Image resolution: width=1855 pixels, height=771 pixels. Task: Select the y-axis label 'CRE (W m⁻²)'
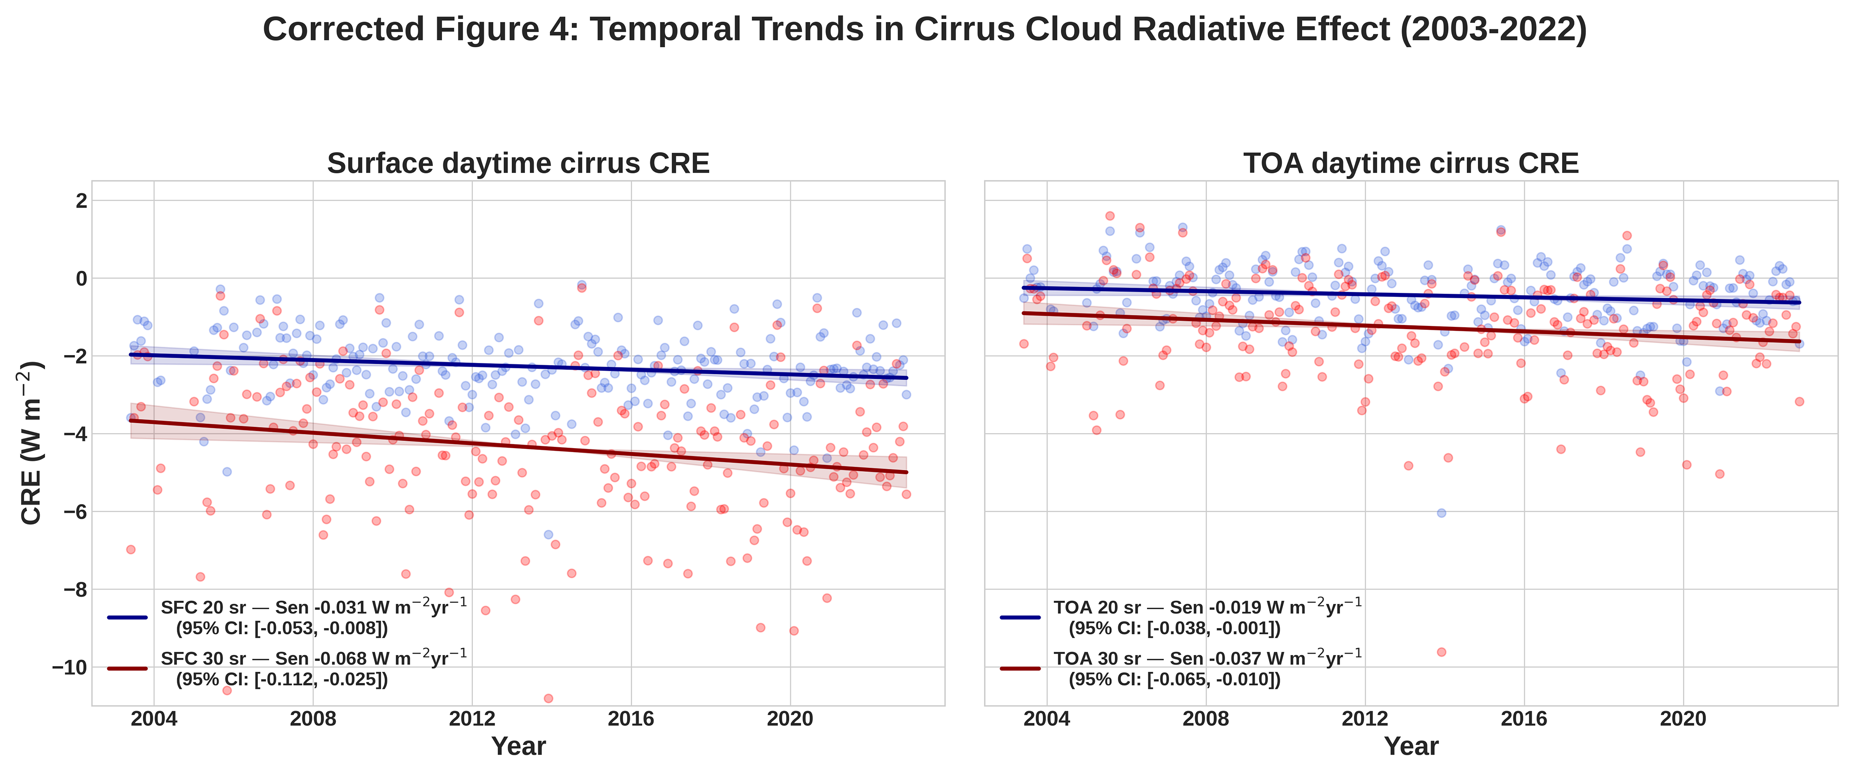click(x=32, y=443)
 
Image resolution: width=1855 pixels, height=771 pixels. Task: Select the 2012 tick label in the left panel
click(x=472, y=719)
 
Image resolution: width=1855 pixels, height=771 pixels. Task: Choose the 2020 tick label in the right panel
click(x=1683, y=719)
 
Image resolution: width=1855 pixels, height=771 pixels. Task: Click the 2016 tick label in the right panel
click(x=1524, y=719)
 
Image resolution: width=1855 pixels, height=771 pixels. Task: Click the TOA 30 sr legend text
click(x=1207, y=659)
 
